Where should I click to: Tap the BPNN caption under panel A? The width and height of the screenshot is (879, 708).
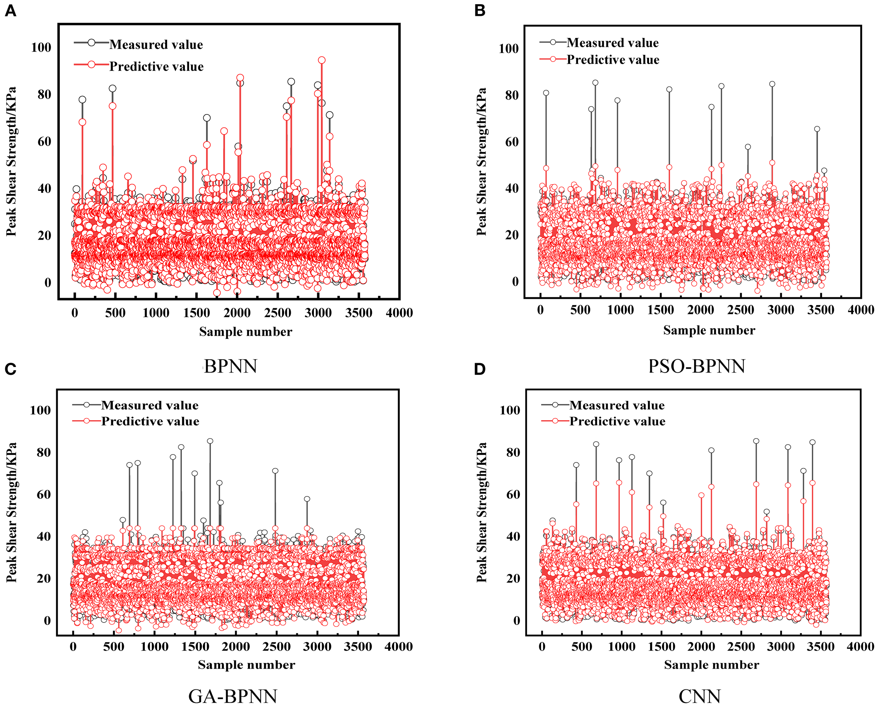pos(230,366)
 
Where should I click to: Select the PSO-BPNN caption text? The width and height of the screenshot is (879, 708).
pos(697,366)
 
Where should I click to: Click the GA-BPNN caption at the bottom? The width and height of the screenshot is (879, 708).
pos(233,696)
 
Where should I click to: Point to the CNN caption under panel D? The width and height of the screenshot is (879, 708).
pos(700,696)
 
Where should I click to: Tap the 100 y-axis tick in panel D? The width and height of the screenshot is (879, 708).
pos(509,410)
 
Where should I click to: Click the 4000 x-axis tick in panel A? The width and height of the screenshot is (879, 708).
pos(399,313)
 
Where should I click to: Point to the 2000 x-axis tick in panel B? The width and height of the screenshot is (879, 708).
pos(700,310)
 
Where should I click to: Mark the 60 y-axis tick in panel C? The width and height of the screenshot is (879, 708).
pos(43,494)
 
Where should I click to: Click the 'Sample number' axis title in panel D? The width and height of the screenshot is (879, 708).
pos(711,665)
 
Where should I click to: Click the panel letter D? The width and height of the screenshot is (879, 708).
pos(480,369)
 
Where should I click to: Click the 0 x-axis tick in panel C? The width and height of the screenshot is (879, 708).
pos(73,646)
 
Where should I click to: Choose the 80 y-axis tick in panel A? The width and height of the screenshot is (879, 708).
pos(44,94)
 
